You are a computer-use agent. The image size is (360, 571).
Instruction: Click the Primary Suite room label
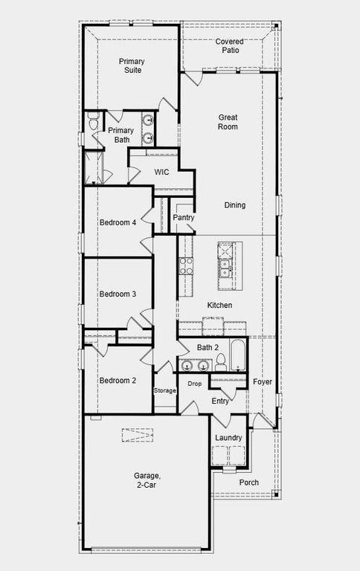pyautogui.click(x=131, y=65)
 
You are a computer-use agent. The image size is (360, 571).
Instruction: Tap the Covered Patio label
pyautogui.click(x=229, y=46)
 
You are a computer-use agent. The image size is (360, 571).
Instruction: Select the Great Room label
pyautogui.click(x=228, y=122)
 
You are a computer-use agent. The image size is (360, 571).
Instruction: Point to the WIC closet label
pyautogui.click(x=162, y=172)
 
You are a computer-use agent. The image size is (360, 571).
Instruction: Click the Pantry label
pyautogui.click(x=183, y=218)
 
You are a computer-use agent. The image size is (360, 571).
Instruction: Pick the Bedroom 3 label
pyautogui.click(x=118, y=294)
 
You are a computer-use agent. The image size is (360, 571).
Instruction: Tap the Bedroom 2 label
pyautogui.click(x=118, y=381)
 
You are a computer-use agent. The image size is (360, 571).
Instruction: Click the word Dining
pyautogui.click(x=234, y=205)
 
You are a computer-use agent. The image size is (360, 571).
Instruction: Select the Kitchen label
pyautogui.click(x=219, y=306)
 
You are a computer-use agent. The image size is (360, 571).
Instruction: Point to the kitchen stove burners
pyautogui.click(x=185, y=265)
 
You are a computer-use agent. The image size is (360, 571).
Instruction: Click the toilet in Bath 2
pyautogui.click(x=220, y=362)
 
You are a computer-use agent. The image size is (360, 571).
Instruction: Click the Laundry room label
pyautogui.click(x=228, y=438)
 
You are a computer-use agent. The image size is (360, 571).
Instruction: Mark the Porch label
pyautogui.click(x=249, y=483)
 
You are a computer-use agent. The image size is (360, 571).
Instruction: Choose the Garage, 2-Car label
pyautogui.click(x=146, y=480)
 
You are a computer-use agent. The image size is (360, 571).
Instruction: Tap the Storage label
pyautogui.click(x=165, y=390)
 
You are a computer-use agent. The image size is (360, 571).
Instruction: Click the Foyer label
pyautogui.click(x=262, y=382)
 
